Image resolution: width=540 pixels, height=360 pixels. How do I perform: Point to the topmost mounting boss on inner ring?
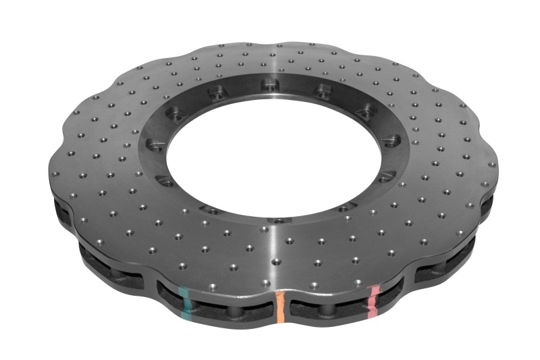(x=269, y=84)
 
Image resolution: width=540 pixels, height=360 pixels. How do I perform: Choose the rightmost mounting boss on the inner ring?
(x=389, y=141)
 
